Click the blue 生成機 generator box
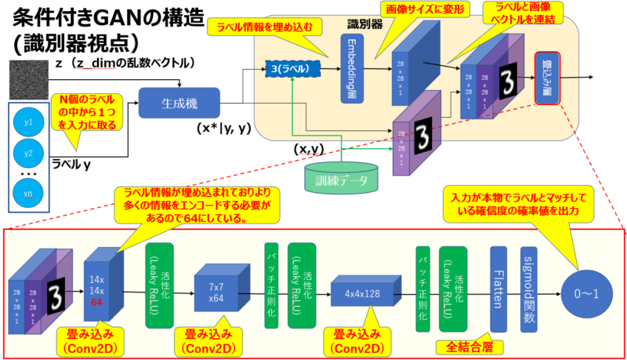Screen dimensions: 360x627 coord(179,103)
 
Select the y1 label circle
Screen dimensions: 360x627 coord(29,122)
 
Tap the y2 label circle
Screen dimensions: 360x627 coord(29,153)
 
